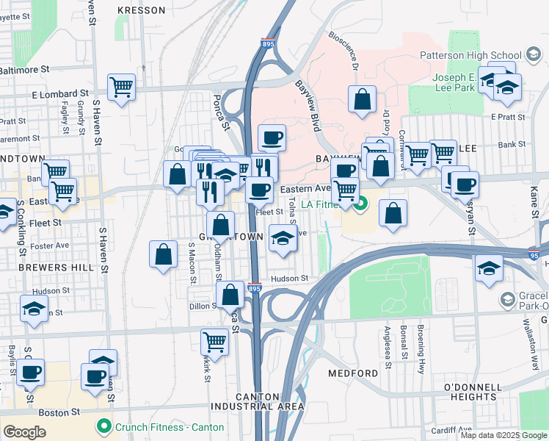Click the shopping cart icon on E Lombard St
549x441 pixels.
click(122, 87)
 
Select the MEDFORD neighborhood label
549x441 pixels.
click(354, 373)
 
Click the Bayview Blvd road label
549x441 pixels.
click(308, 103)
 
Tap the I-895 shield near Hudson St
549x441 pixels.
click(254, 288)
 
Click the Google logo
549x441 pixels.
click(25, 432)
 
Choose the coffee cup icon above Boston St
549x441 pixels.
click(94, 376)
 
